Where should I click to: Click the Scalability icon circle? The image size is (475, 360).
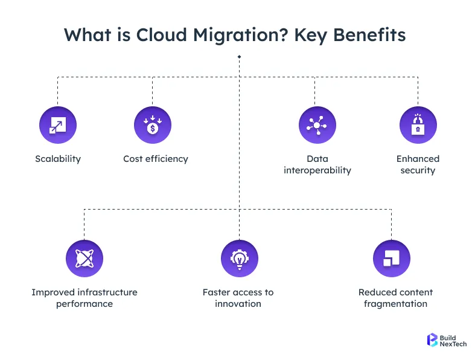click(58, 126)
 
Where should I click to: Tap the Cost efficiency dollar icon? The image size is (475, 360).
click(153, 126)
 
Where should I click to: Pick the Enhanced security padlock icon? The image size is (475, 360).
click(418, 126)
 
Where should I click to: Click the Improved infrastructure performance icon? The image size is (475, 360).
click(84, 259)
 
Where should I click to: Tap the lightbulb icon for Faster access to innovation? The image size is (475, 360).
click(240, 259)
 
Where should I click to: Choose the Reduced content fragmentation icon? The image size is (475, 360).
click(392, 259)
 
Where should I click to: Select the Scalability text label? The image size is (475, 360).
click(58, 159)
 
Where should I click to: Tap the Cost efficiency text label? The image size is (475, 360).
click(156, 159)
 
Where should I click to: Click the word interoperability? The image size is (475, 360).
click(317, 170)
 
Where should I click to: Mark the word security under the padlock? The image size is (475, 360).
click(418, 170)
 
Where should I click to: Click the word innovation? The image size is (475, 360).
click(238, 304)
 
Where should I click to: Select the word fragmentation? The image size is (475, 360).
click(395, 304)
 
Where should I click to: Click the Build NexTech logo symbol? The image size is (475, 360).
click(432, 339)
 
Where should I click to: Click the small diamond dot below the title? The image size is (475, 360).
click(240, 57)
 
